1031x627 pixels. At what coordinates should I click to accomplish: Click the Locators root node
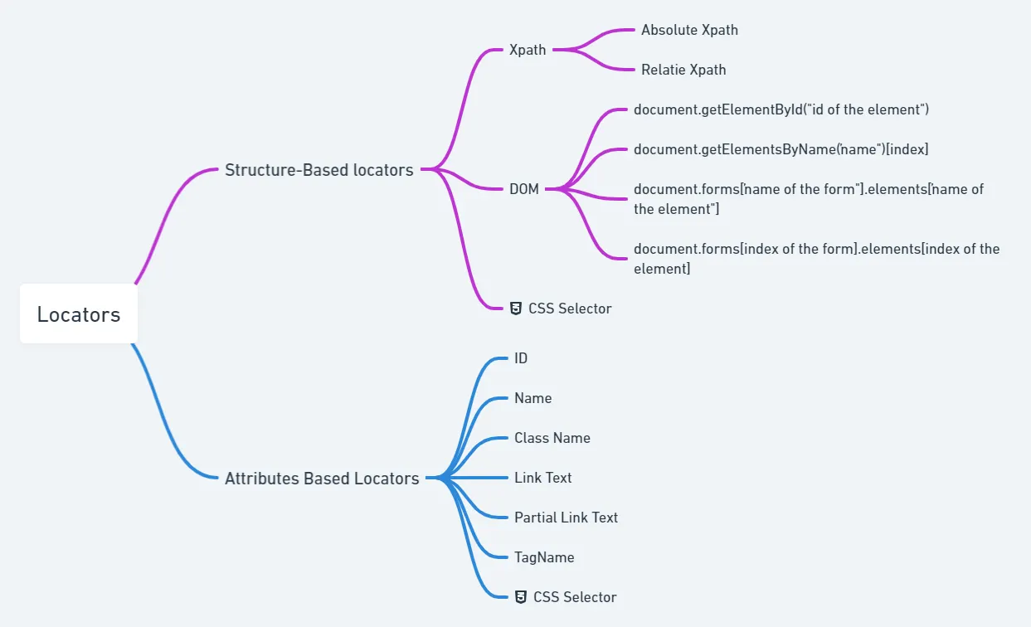[79, 313]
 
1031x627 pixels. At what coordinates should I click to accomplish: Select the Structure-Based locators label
[319, 170]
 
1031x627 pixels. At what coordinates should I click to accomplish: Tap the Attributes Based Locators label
[322, 479]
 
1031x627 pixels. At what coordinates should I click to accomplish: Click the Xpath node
[528, 50]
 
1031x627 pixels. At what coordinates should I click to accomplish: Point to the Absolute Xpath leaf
[689, 30]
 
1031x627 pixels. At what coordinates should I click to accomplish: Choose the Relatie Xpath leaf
[683, 70]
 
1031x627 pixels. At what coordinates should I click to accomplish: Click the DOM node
[523, 189]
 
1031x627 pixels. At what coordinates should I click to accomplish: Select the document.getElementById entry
[781, 109]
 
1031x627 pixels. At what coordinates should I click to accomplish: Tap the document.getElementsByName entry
[781, 149]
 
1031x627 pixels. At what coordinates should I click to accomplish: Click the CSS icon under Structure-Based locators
[516, 309]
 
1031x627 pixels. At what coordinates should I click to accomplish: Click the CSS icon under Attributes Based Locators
[521, 597]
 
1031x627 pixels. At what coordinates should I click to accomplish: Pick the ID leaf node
[521, 358]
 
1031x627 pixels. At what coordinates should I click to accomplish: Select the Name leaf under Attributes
[533, 398]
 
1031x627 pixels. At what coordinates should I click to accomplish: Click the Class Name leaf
[552, 438]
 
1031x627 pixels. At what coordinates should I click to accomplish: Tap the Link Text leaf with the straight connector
[543, 478]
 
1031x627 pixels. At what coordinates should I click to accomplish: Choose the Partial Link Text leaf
[567, 518]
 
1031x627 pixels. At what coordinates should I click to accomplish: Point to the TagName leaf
[544, 557]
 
